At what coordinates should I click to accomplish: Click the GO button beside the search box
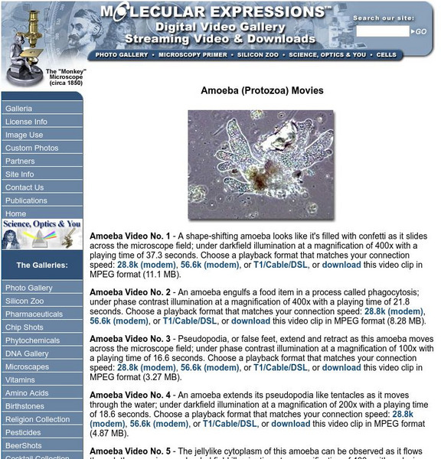pos(420,31)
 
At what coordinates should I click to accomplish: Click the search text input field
pos(383,31)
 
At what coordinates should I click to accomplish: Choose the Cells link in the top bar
pos(387,55)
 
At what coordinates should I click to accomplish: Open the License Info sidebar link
pos(26,122)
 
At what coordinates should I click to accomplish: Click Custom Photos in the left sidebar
pos(31,148)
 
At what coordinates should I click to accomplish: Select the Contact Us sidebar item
pos(24,187)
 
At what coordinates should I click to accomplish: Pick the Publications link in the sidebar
pos(26,200)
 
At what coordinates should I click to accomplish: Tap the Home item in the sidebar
pos(15,213)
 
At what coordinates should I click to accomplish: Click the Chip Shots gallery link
pos(24,327)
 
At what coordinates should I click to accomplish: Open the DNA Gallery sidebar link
pos(27,353)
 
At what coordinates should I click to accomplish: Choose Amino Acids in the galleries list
pos(27,393)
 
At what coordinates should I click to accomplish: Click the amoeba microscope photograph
pos(261,164)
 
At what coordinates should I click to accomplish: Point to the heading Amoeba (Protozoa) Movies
pos(262,90)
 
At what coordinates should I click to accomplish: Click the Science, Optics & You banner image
pos(42,235)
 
